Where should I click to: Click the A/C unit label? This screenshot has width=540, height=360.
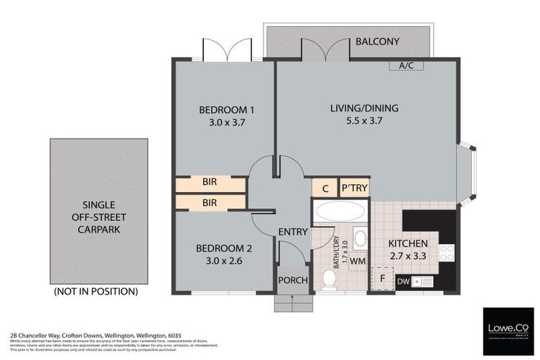tap(406, 66)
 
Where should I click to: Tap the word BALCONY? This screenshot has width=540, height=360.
tap(377, 41)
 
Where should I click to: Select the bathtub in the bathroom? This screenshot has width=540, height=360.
tap(340, 211)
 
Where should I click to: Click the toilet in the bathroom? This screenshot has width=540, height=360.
tap(328, 279)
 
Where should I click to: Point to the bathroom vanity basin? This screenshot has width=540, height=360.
tap(360, 238)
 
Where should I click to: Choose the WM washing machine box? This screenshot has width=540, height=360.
tap(358, 261)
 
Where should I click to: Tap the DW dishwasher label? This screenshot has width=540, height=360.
tap(403, 282)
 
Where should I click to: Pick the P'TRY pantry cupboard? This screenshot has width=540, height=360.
tap(354, 188)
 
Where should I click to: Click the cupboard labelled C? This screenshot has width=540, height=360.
tap(325, 188)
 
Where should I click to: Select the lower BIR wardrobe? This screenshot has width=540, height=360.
tap(210, 202)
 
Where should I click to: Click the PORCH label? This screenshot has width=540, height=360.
tap(293, 280)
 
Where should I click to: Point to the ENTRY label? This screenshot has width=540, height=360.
tap(292, 232)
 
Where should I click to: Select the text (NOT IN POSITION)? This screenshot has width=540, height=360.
tap(96, 291)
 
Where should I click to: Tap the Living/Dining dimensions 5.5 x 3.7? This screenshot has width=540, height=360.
tap(364, 121)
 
